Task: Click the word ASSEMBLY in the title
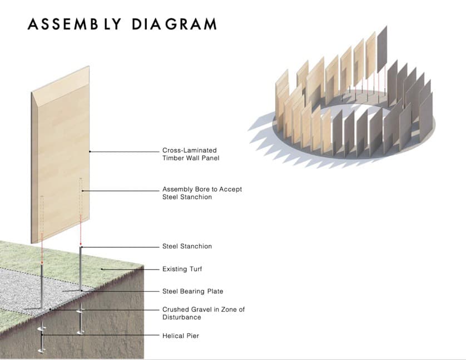(x=75, y=24)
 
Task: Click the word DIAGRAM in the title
(x=174, y=24)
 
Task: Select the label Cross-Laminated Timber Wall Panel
(x=191, y=154)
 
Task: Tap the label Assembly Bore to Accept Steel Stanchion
(x=202, y=193)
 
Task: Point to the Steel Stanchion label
(x=187, y=246)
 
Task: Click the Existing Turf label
(x=182, y=269)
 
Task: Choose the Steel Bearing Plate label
(x=192, y=291)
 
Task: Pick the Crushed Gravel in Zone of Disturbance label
(x=204, y=313)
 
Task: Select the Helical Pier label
(x=180, y=336)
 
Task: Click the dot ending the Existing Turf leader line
(x=102, y=269)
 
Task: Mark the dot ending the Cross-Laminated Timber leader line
(x=90, y=152)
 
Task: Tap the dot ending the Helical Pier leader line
(x=42, y=335)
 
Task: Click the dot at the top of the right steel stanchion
(x=81, y=247)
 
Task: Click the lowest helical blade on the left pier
(x=42, y=351)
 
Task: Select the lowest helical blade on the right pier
(x=80, y=332)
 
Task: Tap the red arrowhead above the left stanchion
(x=42, y=263)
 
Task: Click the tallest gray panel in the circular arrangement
(x=382, y=49)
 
